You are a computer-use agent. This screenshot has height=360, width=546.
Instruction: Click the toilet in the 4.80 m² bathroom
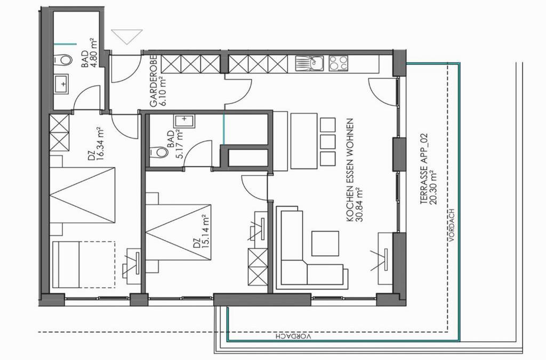click(64, 60)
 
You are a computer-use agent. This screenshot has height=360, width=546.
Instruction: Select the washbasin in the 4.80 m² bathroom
click(61, 84)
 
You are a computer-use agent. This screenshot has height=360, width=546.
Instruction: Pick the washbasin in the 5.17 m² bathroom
click(184, 121)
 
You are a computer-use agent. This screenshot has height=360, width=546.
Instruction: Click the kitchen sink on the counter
click(310, 63)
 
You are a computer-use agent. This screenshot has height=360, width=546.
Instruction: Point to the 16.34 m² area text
click(101, 144)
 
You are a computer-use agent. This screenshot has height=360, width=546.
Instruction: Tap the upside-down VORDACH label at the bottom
click(293, 337)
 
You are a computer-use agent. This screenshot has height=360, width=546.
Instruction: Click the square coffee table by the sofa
click(325, 243)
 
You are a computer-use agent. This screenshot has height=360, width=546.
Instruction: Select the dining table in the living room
click(304, 141)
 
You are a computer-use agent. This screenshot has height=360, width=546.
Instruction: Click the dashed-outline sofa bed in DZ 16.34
click(83, 265)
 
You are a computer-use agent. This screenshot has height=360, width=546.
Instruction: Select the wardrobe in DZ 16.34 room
click(59, 132)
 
